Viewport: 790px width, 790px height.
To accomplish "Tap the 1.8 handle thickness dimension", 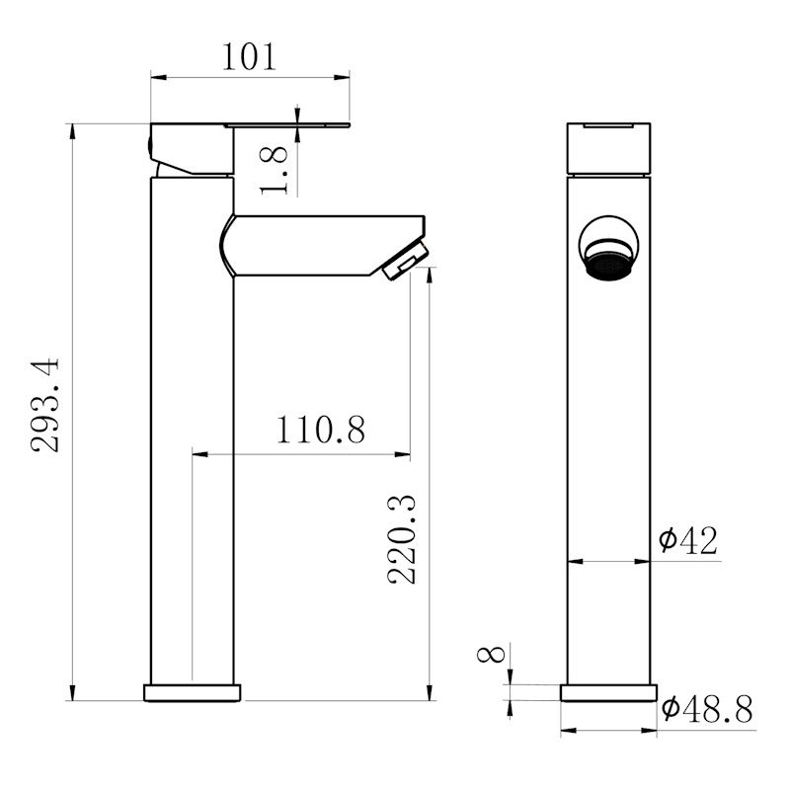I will (277, 169).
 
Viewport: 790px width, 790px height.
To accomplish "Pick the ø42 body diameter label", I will (688, 539).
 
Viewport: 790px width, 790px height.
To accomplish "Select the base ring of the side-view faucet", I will (193, 692).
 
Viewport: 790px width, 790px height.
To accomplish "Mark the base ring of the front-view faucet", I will (609, 692).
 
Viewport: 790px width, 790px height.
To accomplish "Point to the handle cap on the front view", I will (609, 148).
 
